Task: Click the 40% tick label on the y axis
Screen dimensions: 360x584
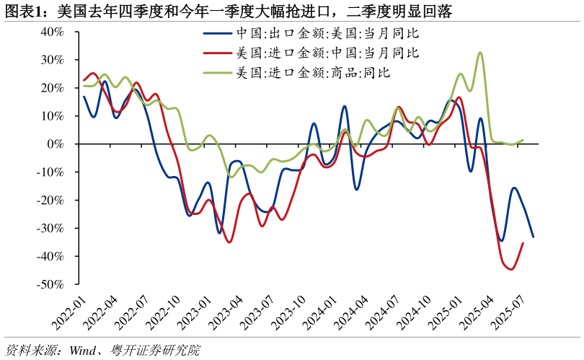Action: tap(53, 32)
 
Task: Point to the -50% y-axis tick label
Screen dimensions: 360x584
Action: tap(50, 285)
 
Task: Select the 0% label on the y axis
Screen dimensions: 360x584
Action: tap(56, 144)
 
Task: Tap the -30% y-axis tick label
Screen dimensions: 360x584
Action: tap(50, 229)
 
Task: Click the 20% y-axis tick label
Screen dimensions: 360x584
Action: tap(53, 88)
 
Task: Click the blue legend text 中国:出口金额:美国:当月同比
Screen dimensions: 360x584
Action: tap(328, 34)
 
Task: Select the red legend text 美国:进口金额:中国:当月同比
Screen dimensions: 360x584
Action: tap(328, 53)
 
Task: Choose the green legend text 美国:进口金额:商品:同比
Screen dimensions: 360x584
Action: tap(314, 72)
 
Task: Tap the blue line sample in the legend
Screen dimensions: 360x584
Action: tap(218, 34)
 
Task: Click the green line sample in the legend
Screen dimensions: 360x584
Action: tap(218, 72)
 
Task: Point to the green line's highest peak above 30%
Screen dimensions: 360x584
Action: tap(480, 53)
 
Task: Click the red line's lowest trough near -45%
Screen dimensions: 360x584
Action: tap(510, 269)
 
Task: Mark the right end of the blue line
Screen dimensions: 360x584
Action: tap(533, 236)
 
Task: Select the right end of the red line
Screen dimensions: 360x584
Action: tap(522, 243)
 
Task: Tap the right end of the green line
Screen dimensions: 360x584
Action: tap(522, 140)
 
